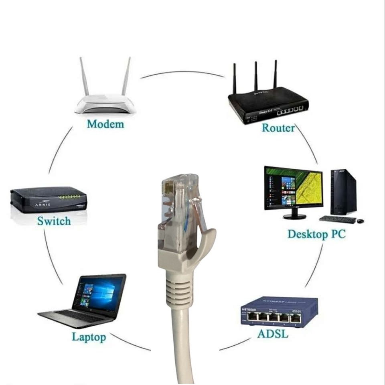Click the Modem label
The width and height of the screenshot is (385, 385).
point(105,124)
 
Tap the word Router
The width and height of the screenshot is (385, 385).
point(278,128)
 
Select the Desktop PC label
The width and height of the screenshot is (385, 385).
point(316,234)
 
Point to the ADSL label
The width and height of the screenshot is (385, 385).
point(273,334)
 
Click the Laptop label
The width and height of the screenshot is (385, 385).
point(89,336)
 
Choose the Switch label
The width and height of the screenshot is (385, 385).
point(54,221)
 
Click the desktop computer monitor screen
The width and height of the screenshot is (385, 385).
point(294,187)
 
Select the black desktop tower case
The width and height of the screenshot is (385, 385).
point(343,192)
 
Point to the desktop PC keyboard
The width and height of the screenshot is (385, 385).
point(338,219)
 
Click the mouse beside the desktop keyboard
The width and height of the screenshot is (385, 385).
point(361,221)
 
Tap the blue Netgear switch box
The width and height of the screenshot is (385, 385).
point(280,311)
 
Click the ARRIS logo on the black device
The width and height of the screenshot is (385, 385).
point(43,204)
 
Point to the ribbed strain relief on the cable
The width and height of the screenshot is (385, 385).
point(177,289)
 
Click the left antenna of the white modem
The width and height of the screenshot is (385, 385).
point(84,76)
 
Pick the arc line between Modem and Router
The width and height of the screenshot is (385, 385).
point(182,72)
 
